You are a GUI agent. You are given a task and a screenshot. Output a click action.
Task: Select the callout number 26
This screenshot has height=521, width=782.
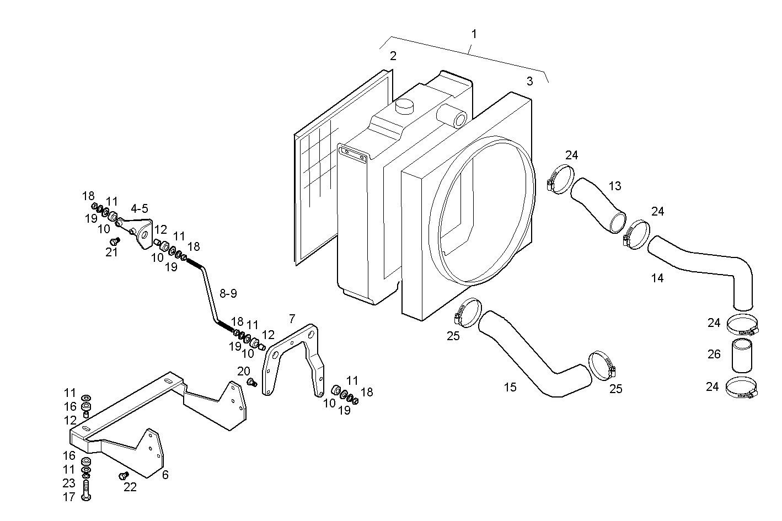click(x=714, y=354)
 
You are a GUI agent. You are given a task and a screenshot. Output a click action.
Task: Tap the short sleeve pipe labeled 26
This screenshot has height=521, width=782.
click(x=742, y=356)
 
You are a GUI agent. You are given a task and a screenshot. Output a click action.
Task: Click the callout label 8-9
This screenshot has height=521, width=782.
click(x=228, y=293)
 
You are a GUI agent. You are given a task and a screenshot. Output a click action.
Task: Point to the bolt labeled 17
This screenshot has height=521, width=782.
click(x=86, y=490)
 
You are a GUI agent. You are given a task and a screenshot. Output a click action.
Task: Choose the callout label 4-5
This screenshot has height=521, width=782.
click(x=139, y=208)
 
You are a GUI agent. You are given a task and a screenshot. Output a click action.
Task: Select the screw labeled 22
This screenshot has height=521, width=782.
click(x=123, y=475)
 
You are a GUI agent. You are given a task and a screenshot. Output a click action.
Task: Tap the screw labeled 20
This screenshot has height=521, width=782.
click(x=251, y=383)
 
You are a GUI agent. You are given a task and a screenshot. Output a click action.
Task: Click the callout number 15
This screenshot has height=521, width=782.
click(x=510, y=387)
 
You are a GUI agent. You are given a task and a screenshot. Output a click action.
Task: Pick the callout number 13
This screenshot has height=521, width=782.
click(x=614, y=186)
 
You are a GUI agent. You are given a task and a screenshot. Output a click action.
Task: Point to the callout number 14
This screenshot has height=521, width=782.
click(x=657, y=278)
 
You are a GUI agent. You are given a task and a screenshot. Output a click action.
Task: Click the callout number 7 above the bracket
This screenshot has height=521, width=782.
click(x=292, y=318)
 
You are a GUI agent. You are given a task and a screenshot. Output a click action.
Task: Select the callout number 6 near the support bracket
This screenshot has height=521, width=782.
click(x=165, y=475)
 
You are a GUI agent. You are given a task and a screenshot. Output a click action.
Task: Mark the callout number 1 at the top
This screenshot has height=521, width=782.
click(x=474, y=34)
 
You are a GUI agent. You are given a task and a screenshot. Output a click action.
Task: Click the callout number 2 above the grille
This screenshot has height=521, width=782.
click(x=393, y=56)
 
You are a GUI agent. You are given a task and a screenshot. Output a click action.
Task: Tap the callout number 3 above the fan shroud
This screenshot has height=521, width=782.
click(x=529, y=81)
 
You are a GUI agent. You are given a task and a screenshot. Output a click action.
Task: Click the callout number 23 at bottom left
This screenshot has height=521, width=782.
click(x=68, y=483)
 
